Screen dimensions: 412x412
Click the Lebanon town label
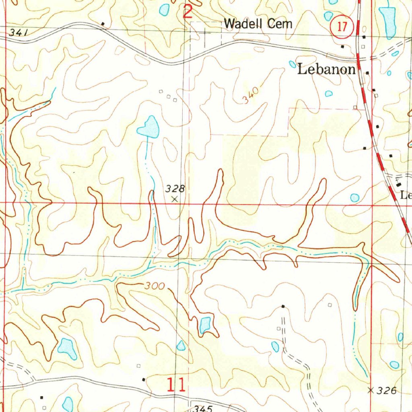(x=326, y=70)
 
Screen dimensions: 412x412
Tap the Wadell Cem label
(x=258, y=24)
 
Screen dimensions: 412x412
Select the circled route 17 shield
(x=342, y=27)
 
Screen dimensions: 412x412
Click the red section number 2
(x=187, y=12)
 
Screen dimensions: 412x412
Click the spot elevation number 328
(x=175, y=188)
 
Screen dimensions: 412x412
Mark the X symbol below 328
(x=174, y=199)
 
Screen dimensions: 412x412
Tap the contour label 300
(x=155, y=286)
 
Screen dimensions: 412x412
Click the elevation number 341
(x=18, y=33)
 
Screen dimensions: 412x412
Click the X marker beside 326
(x=371, y=390)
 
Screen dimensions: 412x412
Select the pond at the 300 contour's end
(x=205, y=324)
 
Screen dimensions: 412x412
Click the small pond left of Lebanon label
(x=293, y=64)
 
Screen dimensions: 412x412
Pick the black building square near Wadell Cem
(x=103, y=24)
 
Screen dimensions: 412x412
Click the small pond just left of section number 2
(x=164, y=9)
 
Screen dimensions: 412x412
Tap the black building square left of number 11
(x=144, y=379)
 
